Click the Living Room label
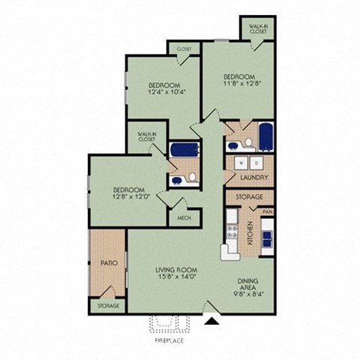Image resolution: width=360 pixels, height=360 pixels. [x=175, y=269]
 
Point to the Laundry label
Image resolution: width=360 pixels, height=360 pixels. [x=248, y=178]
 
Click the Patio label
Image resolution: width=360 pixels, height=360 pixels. [x=106, y=263]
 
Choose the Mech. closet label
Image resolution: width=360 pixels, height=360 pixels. [x=184, y=218]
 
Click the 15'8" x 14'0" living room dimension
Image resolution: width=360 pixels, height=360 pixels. [x=175, y=277]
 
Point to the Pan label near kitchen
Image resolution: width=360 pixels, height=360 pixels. [x=266, y=211]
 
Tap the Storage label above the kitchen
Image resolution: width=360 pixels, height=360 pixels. [x=250, y=196]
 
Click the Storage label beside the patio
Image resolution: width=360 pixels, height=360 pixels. [x=108, y=306]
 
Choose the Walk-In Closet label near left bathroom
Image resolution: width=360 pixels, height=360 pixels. [x=146, y=136]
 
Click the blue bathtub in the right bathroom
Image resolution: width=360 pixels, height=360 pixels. [x=266, y=136]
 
